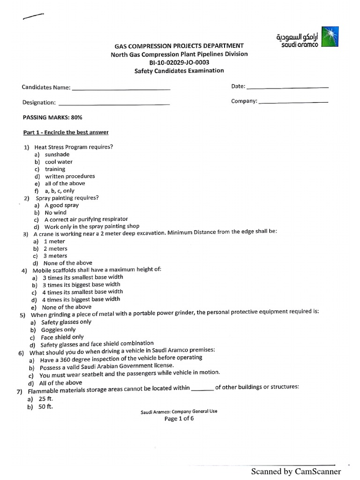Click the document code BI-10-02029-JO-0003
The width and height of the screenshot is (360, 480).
pyautogui.click(x=179, y=62)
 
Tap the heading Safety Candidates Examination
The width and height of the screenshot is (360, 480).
pyautogui.click(x=179, y=71)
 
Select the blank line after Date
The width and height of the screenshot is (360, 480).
pyautogui.click(x=287, y=87)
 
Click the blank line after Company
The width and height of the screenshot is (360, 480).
pyautogui.click(x=293, y=102)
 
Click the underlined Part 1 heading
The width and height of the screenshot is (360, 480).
pyautogui.click(x=66, y=132)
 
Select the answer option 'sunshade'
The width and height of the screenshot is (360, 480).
pyautogui.click(x=57, y=154)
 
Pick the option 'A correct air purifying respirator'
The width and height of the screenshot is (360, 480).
pyautogui.click(x=86, y=219)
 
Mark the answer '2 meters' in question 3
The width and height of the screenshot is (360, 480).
pyautogui.click(x=55, y=248)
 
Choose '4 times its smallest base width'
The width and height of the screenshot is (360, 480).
pyautogui.click(x=82, y=292)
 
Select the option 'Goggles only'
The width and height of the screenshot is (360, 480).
pyautogui.click(x=58, y=330)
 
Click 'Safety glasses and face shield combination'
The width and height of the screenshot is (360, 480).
pyautogui.click(x=97, y=344)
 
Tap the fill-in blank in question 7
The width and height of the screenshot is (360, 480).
pyautogui.click(x=202, y=388)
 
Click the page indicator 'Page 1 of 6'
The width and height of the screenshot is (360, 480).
pyautogui.click(x=179, y=419)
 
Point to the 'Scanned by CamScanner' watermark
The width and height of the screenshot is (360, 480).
pyautogui.click(x=296, y=471)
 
